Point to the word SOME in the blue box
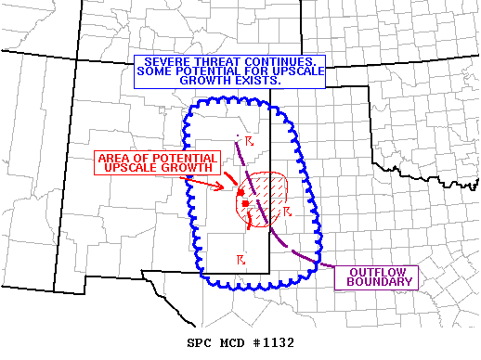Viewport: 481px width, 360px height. click(152, 71)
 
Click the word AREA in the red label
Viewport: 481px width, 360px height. click(116, 158)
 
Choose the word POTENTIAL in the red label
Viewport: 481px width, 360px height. click(183, 158)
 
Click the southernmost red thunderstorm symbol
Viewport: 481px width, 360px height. click(240, 258)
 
